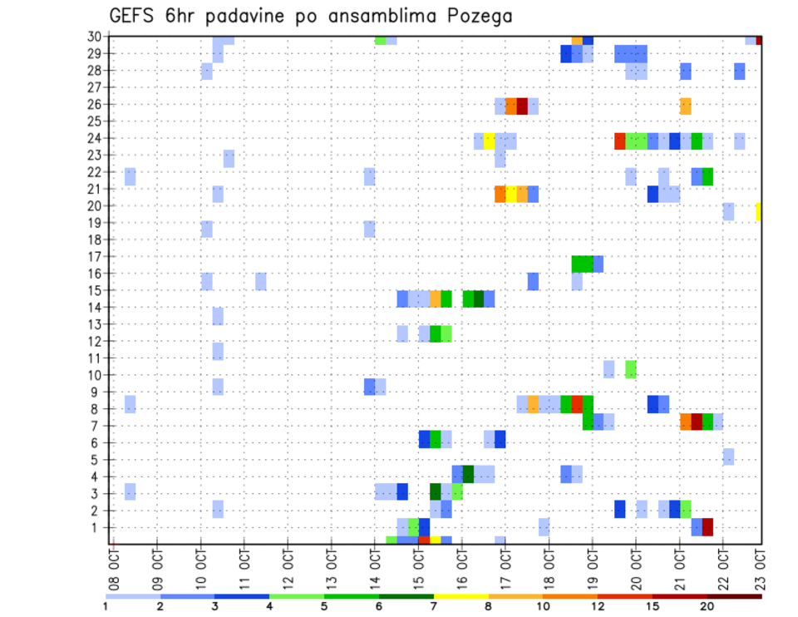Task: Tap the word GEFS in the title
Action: [x=134, y=16]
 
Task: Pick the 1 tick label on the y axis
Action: [x=98, y=527]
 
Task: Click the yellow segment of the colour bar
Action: [x=461, y=596]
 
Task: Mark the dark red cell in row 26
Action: [x=522, y=106]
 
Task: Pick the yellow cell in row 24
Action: [x=490, y=141]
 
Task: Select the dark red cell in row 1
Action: [x=707, y=527]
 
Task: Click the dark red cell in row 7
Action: [x=697, y=421]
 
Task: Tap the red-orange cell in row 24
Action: [x=620, y=141]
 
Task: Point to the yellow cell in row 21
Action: [x=511, y=194]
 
